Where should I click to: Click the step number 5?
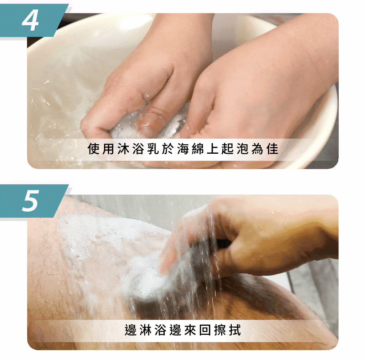point(30,201)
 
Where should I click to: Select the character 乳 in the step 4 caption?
point(153,149)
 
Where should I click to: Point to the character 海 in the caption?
point(183,149)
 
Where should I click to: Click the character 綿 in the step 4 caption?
point(197,149)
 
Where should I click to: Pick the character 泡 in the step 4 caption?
point(242,149)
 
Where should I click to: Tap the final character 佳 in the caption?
point(272,149)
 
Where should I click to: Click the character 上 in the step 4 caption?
point(212,149)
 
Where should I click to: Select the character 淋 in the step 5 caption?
point(146,330)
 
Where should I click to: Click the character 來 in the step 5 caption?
point(190,330)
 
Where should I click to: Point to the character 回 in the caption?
point(205,330)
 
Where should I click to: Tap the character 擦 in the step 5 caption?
point(220,330)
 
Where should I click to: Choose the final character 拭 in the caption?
point(235,330)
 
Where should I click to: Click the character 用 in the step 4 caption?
point(108,149)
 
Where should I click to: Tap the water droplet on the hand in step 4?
point(147,95)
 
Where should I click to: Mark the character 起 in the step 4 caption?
point(227,149)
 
